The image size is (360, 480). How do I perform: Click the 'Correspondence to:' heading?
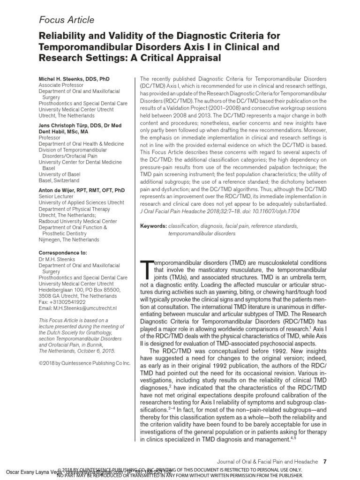click(x=62, y=253)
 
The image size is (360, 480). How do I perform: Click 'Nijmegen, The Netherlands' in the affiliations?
click(x=69, y=240)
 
